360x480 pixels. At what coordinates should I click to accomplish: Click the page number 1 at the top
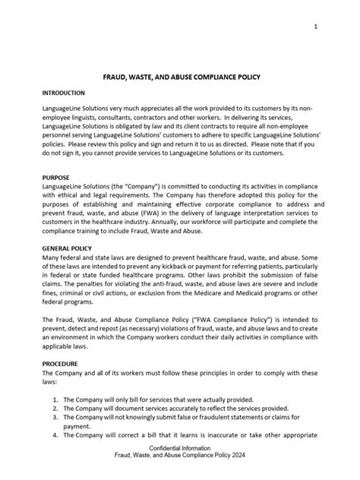[x=314, y=27]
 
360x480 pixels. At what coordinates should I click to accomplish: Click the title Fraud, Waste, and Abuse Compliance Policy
[x=179, y=77]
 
